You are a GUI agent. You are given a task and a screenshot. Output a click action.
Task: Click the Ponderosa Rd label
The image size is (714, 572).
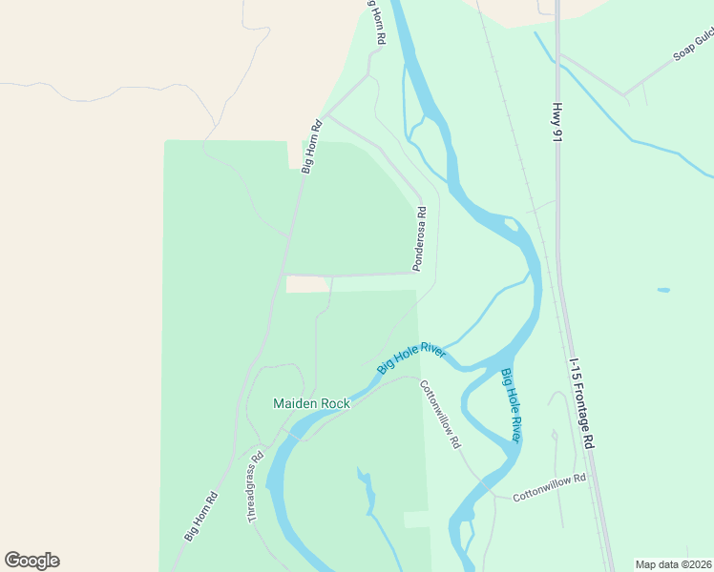click(419, 238)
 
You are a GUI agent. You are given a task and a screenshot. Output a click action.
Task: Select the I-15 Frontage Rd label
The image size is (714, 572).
click(581, 404)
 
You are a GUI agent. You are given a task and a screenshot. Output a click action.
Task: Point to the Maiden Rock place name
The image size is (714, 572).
click(311, 403)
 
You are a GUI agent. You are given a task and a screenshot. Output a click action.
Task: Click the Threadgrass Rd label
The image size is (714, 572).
click(255, 485)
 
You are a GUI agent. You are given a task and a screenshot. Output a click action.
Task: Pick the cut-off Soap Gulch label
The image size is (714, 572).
click(693, 44)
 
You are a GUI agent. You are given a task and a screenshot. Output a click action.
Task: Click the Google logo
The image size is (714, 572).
click(31, 561)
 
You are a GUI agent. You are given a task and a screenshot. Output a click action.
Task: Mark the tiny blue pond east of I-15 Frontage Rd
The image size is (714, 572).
click(663, 290)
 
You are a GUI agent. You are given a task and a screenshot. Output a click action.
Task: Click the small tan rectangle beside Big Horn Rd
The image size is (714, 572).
click(306, 284)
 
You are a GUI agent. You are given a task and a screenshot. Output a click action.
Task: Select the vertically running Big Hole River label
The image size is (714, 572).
click(511, 405)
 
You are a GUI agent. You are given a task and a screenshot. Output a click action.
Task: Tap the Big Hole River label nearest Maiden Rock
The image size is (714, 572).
click(411, 358)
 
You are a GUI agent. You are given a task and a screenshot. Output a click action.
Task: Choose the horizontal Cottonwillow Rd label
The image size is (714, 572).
click(549, 488)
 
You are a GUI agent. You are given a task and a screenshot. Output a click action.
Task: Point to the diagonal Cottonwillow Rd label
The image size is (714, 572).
click(440, 415)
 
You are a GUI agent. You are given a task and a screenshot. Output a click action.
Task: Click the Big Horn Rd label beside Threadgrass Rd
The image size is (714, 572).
click(201, 516)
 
